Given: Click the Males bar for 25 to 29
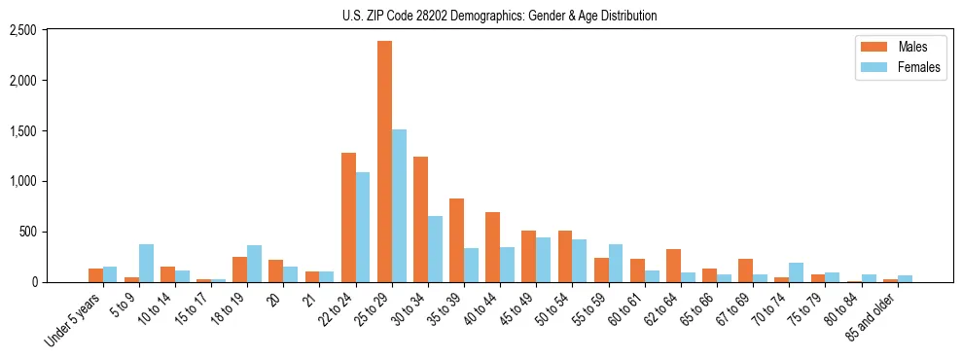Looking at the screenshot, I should (384, 162).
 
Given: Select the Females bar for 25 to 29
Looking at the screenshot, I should (399, 205).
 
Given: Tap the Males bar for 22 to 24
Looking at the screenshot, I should (348, 217).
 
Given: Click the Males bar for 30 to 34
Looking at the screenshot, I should (420, 219).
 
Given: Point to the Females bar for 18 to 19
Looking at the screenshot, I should (254, 264).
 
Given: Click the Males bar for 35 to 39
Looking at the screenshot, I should (456, 240).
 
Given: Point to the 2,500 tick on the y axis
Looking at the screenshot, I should (22, 30).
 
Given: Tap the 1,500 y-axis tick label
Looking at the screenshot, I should (22, 131).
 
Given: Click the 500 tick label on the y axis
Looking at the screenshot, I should (26, 232).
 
